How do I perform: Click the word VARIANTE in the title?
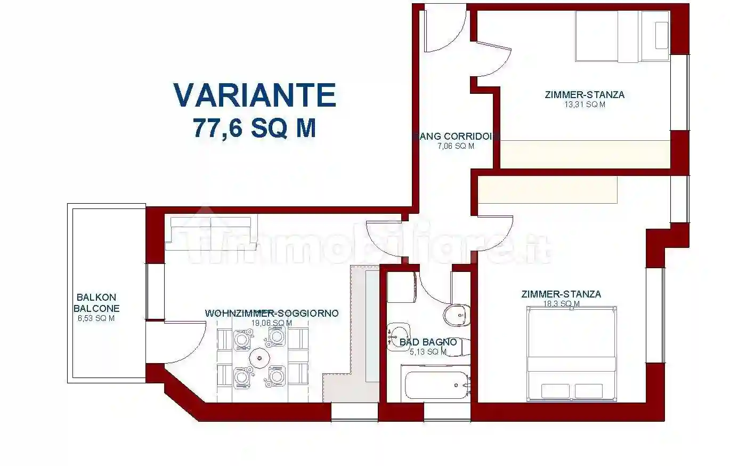(255, 95)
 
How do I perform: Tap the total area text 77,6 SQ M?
(255, 128)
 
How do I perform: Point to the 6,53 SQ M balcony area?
(96, 318)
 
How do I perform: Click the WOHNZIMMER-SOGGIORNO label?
(271, 314)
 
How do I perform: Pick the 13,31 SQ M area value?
(585, 105)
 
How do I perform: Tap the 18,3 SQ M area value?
(561, 304)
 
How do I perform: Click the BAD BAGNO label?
(428, 342)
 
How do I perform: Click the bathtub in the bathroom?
(437, 385)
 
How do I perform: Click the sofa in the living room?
(211, 232)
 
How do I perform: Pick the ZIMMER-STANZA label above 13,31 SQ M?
(585, 95)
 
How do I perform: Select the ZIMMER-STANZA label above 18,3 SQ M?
(561, 294)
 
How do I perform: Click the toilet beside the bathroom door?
(457, 315)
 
